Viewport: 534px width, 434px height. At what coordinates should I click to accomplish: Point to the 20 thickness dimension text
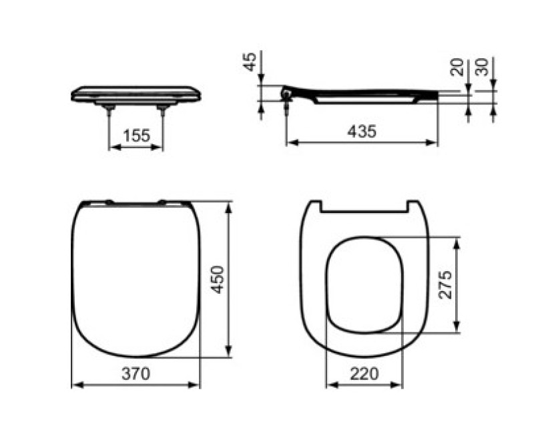click(x=457, y=66)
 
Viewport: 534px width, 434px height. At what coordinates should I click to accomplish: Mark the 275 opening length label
click(x=447, y=284)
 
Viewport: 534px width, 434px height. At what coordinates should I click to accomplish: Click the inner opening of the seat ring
click(x=364, y=284)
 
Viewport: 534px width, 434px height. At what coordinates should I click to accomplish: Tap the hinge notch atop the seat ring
click(x=364, y=207)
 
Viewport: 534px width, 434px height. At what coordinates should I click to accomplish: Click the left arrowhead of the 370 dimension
click(x=75, y=385)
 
